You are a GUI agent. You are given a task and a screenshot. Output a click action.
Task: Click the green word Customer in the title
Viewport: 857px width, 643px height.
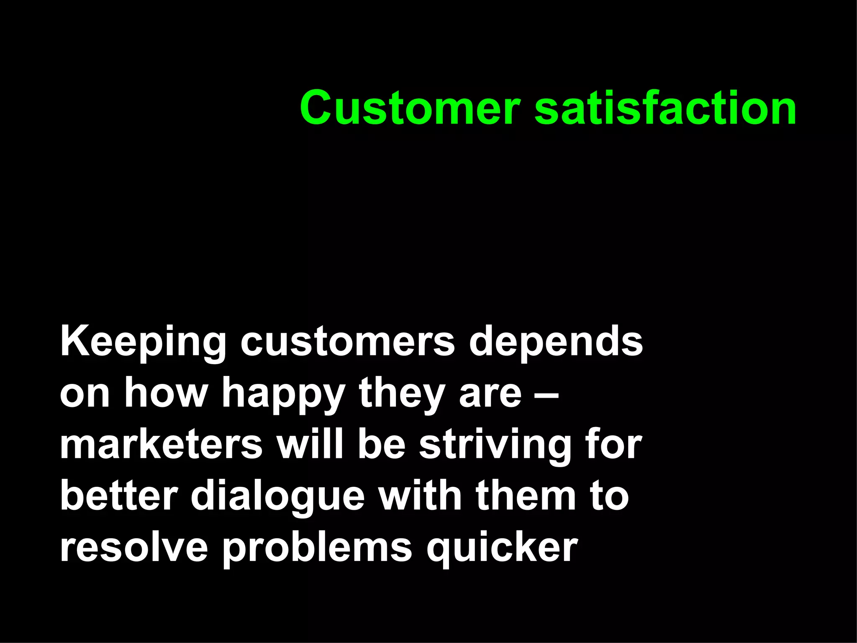410,108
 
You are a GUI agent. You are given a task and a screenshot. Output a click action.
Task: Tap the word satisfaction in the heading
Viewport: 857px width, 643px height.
665,108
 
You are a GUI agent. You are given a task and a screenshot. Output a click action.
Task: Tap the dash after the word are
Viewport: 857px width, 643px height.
547,394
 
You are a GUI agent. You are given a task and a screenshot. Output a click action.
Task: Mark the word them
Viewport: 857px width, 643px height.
525,496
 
